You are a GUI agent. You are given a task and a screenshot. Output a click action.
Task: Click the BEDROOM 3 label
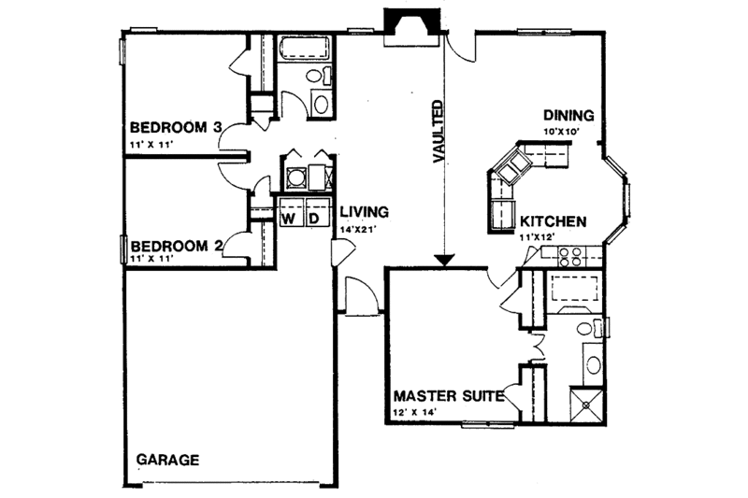click(x=175, y=127)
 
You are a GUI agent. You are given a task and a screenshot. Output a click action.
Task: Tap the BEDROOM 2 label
click(x=175, y=247)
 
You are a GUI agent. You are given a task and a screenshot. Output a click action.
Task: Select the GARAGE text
click(x=168, y=460)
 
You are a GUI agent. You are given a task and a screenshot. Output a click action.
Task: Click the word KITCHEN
click(x=553, y=222)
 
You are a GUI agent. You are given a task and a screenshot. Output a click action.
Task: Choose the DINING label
click(x=569, y=116)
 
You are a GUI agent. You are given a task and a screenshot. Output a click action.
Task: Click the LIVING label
click(x=364, y=211)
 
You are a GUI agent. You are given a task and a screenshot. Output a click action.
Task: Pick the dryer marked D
click(x=315, y=219)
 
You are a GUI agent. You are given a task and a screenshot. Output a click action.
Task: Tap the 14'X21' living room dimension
click(x=361, y=228)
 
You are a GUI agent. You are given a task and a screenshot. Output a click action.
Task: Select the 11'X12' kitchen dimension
click(x=539, y=238)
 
